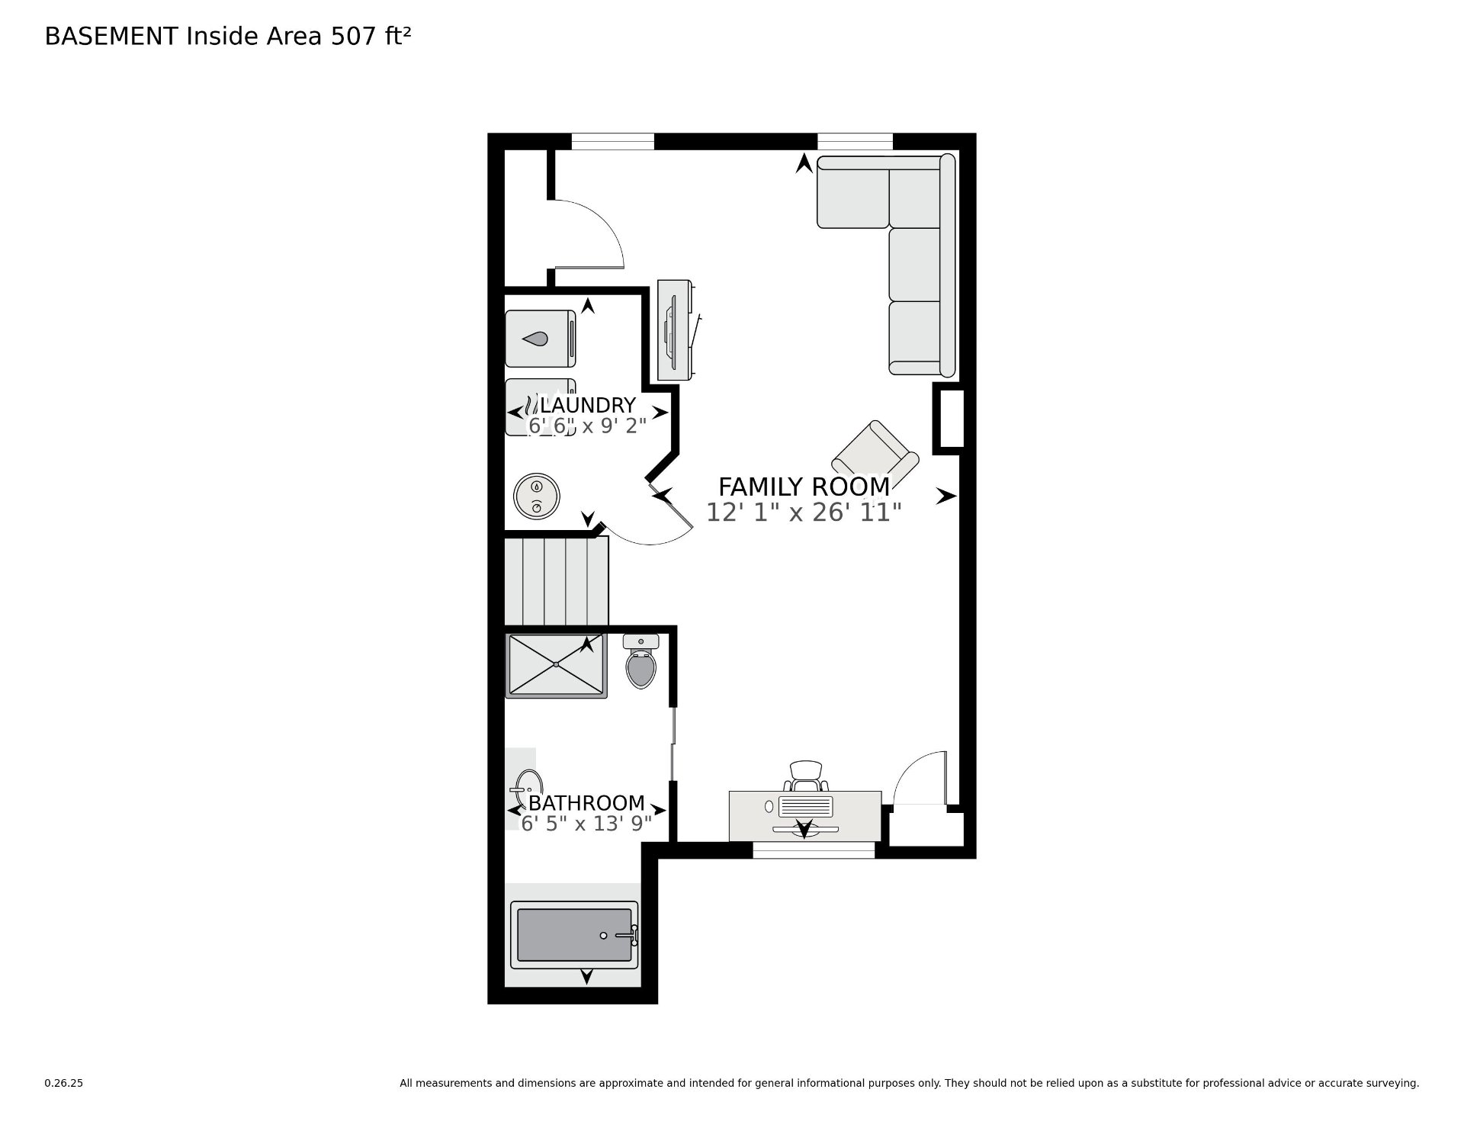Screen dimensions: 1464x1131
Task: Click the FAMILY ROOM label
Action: point(804,487)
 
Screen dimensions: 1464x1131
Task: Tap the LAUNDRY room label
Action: point(588,405)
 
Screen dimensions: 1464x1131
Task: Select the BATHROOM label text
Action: point(586,803)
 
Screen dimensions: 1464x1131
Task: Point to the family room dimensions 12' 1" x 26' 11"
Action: point(804,512)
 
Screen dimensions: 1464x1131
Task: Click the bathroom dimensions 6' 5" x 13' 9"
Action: point(586,824)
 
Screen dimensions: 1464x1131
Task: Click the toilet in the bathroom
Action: point(641,661)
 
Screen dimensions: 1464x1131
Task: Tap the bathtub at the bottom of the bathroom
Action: point(574,935)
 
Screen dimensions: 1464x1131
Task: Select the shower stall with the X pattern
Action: point(557,665)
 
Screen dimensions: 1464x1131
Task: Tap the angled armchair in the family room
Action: point(875,453)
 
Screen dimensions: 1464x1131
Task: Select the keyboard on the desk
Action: point(806,806)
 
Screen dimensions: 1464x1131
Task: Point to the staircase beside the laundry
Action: point(557,580)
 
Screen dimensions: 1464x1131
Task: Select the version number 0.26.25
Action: point(63,1083)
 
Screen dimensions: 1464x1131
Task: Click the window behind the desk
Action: point(814,850)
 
